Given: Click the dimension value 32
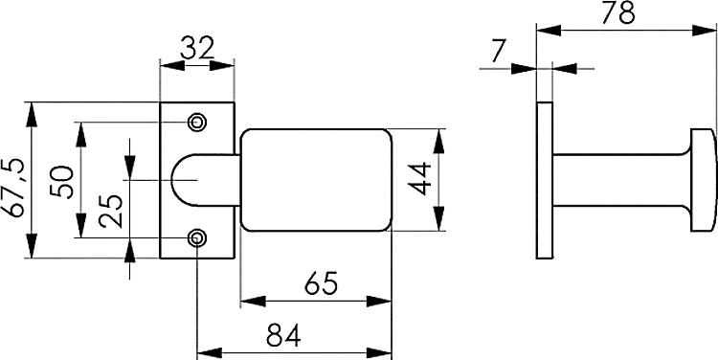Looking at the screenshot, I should [196, 48].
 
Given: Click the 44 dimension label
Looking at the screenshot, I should [420, 179].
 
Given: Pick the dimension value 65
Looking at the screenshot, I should [316, 284].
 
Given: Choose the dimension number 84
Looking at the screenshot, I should [283, 334].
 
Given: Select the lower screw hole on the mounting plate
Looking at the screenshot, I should [197, 237].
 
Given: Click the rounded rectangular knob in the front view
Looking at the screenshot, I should [316, 179].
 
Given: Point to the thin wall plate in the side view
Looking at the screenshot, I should [545, 179].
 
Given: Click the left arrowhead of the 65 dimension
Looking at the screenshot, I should [246, 302].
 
